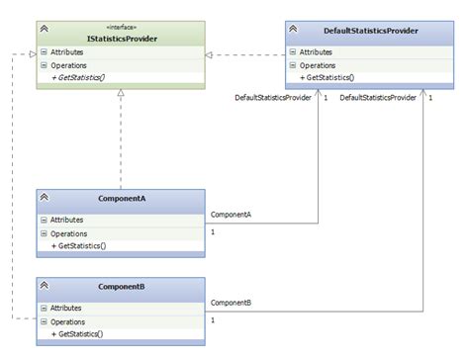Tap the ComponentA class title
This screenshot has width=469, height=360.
[x=123, y=199]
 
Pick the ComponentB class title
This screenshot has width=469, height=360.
[x=123, y=286]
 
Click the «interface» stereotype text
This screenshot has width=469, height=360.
[x=123, y=27]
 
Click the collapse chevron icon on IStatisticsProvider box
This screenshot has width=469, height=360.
[x=46, y=32]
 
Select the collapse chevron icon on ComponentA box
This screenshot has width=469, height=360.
[x=46, y=199]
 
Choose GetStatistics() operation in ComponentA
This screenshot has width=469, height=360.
[x=81, y=245]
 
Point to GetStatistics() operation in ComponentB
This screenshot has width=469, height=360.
[x=81, y=334]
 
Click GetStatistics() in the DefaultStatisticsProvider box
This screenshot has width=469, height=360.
[x=328, y=77]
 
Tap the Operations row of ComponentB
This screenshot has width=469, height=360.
[x=68, y=321]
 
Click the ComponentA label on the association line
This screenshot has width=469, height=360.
[x=232, y=214]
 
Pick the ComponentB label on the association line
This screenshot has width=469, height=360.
[x=232, y=302]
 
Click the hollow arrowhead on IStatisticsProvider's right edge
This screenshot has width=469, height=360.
[x=210, y=54]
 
